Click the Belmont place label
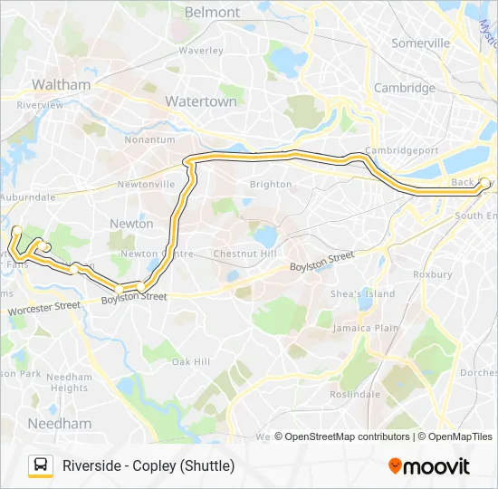212,13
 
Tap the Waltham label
61,84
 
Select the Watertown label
200,101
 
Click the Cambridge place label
405,88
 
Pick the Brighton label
272,184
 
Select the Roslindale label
355,394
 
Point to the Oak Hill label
191,362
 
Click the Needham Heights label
68,382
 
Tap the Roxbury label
432,273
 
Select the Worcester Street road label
43,308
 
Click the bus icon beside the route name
41,465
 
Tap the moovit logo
429,466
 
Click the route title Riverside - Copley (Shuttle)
148,466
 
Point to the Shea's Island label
362,294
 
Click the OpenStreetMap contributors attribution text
345,436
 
